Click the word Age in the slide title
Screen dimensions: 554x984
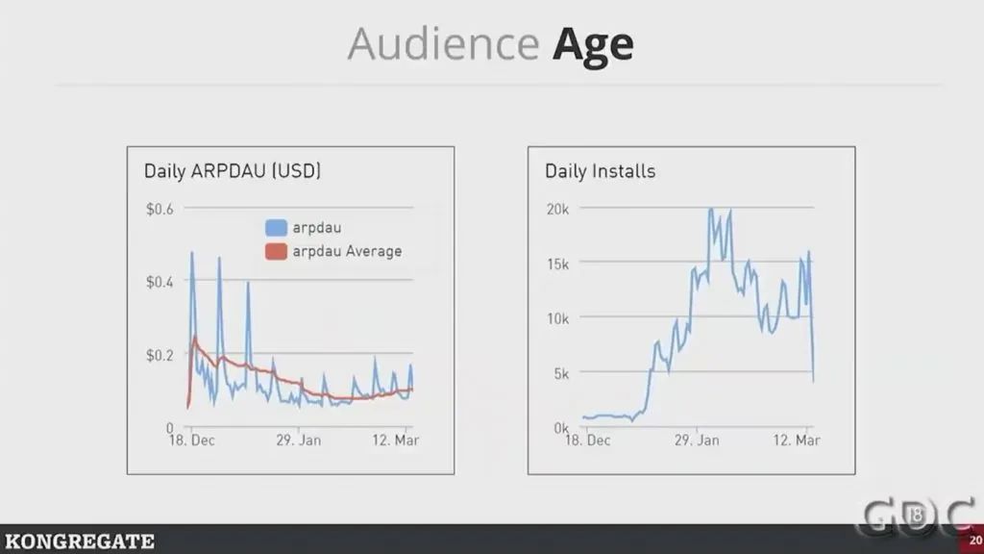pyautogui.click(x=592, y=45)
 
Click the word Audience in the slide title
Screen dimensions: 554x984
pyautogui.click(x=443, y=44)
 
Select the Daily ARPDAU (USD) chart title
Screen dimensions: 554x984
pyautogui.click(x=233, y=171)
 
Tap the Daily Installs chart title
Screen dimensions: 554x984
pyautogui.click(x=600, y=171)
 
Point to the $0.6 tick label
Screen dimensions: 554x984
pyautogui.click(x=160, y=209)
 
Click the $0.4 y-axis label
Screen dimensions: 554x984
pyautogui.click(x=160, y=282)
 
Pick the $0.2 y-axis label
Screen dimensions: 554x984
pyautogui.click(x=160, y=354)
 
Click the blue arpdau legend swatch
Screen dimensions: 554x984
pyautogui.click(x=276, y=228)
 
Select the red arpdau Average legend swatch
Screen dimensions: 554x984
pyautogui.click(x=276, y=251)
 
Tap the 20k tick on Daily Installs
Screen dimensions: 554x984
pyautogui.click(x=558, y=209)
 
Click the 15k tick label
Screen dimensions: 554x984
pyautogui.click(x=558, y=264)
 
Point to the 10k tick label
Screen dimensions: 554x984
pyautogui.click(x=558, y=318)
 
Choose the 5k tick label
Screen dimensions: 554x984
pyautogui.click(x=562, y=373)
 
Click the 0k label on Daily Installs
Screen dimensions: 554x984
pyautogui.click(x=562, y=427)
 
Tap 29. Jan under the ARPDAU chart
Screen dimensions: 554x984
pyautogui.click(x=298, y=441)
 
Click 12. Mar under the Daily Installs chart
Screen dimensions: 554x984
pyautogui.click(x=798, y=441)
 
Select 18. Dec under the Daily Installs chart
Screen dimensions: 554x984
pyautogui.click(x=588, y=441)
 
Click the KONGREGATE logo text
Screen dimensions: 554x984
pyautogui.click(x=79, y=541)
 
